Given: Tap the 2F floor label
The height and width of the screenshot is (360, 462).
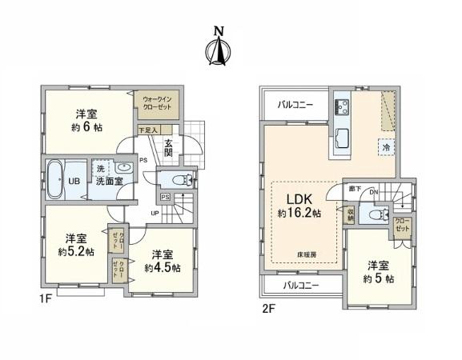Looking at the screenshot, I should (268, 306).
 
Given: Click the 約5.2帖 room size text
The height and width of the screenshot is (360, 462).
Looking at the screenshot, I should (78, 251).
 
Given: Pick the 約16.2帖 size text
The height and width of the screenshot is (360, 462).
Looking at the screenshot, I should (299, 214).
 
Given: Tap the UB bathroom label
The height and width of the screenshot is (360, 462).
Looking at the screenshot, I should (72, 181).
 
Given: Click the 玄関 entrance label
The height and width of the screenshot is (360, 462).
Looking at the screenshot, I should (170, 146).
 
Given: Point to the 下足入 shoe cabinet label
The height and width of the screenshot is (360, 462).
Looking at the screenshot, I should (149, 129).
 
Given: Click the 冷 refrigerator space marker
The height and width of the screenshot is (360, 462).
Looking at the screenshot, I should (385, 147).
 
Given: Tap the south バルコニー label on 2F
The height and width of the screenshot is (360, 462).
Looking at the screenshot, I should (300, 286).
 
